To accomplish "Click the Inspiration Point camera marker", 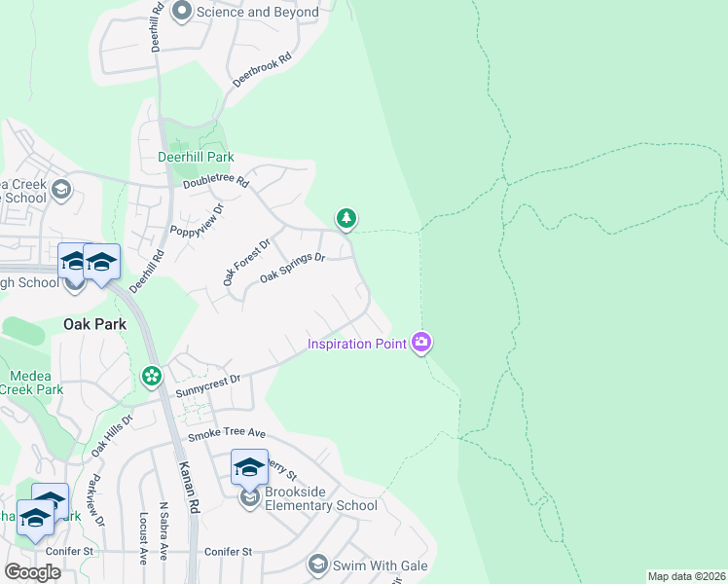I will [x=421, y=342].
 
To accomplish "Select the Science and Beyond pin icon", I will [x=181, y=12].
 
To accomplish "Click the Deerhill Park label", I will [x=196, y=157].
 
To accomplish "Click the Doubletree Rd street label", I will [x=216, y=182].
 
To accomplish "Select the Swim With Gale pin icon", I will [x=317, y=564].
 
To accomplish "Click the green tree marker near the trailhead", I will [x=346, y=219].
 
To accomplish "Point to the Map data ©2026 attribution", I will [x=686, y=576].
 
